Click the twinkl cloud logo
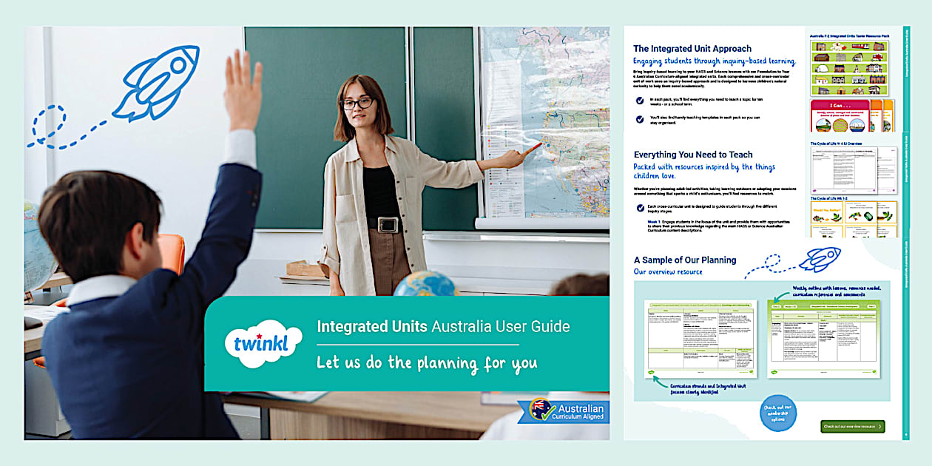(x=263, y=343)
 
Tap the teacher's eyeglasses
(x=357, y=103)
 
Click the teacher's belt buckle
(x=388, y=224)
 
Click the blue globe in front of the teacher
(x=425, y=284)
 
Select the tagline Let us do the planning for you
(x=427, y=363)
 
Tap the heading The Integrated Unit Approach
(x=692, y=49)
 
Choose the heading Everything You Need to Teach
(x=692, y=155)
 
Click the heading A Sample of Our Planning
(x=684, y=260)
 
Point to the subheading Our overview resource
(x=668, y=272)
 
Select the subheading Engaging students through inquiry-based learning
(x=714, y=61)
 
